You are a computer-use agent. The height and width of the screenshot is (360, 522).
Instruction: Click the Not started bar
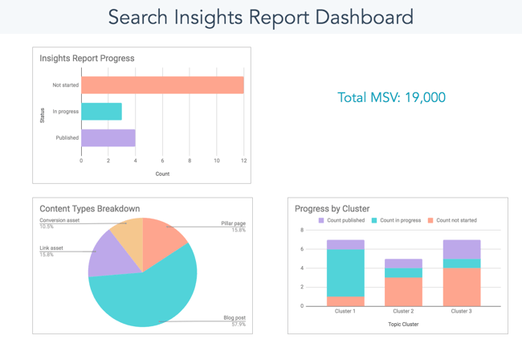pos(162,85)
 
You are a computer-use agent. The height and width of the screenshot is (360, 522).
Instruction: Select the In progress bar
pos(101,112)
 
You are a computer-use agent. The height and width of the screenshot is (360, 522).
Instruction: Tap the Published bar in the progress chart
pos(108,138)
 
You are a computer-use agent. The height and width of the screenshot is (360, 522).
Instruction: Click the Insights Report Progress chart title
pos(87,58)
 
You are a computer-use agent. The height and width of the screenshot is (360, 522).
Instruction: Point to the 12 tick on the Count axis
pos(243,161)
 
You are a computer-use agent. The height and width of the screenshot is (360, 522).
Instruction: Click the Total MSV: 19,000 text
pos(391,97)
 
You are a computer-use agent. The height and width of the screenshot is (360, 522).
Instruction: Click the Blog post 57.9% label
pos(234,321)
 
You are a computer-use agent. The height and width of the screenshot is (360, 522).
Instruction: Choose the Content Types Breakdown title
pos(89,209)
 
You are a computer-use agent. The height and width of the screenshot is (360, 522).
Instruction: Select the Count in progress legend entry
pos(394,220)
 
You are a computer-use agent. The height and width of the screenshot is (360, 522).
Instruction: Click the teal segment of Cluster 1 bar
pos(345,272)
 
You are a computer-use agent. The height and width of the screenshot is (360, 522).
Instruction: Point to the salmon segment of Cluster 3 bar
pos(461,287)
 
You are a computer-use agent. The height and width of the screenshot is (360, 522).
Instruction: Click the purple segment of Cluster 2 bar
pos(403,264)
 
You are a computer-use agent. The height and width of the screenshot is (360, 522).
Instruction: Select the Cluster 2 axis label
pos(403,312)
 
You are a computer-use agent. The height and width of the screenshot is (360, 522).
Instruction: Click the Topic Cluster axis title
pos(403,325)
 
